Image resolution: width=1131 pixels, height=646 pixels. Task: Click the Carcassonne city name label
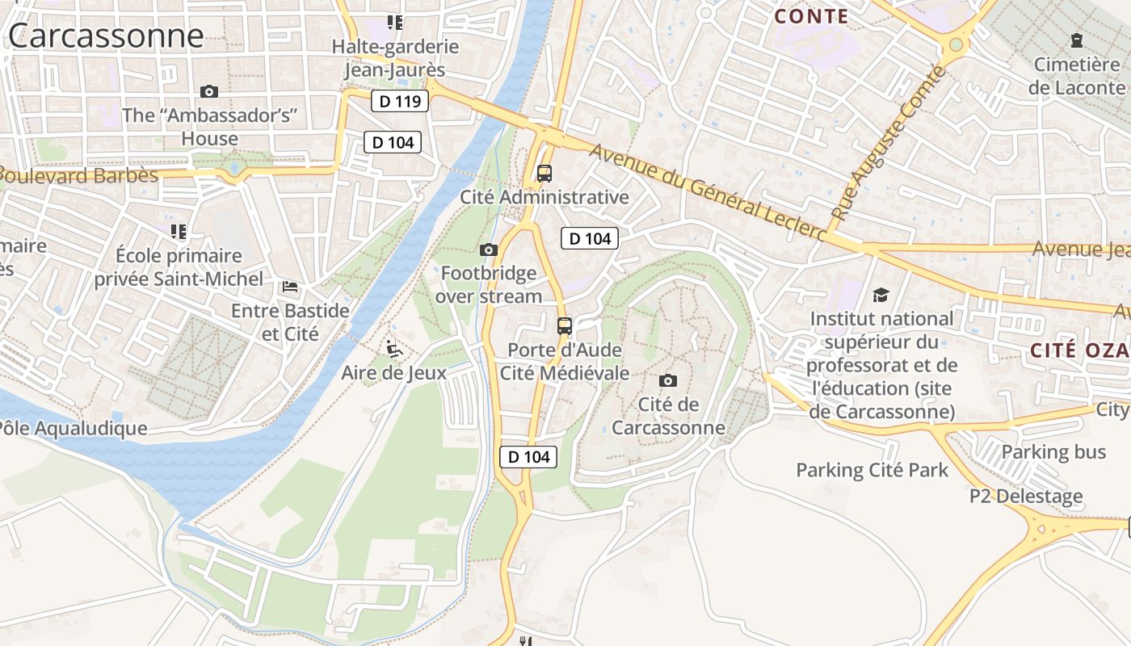pos(105,36)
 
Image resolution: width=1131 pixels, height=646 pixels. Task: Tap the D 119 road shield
pos(400,102)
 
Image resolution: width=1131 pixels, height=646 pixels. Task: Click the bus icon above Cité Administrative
pos(544,173)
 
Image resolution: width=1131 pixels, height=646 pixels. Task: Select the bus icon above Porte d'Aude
pos(565,326)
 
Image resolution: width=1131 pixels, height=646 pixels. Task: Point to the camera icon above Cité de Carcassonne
pos(668,380)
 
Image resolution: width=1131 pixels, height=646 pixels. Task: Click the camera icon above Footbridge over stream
pos(489,250)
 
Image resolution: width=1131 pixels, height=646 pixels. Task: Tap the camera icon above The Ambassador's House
pos(209,91)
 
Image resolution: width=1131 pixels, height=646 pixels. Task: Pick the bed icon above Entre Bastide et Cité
pos(290,287)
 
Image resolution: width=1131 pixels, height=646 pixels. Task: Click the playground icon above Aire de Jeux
pos(394,349)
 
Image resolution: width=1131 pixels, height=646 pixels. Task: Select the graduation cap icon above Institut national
pos(881,295)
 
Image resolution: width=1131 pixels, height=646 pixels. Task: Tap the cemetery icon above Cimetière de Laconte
pos(1076,40)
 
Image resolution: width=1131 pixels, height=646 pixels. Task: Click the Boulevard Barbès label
pos(78,175)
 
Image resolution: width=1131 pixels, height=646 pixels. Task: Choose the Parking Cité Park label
pos(872,470)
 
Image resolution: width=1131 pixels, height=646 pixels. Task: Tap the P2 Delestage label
pos(1026,496)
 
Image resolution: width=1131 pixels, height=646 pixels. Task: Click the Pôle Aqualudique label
pos(74,428)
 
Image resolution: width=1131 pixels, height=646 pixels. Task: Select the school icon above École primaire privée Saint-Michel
pos(179,232)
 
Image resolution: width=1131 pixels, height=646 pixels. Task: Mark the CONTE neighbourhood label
pos(811,16)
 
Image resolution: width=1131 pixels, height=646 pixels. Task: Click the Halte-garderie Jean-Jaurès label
pos(395,58)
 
